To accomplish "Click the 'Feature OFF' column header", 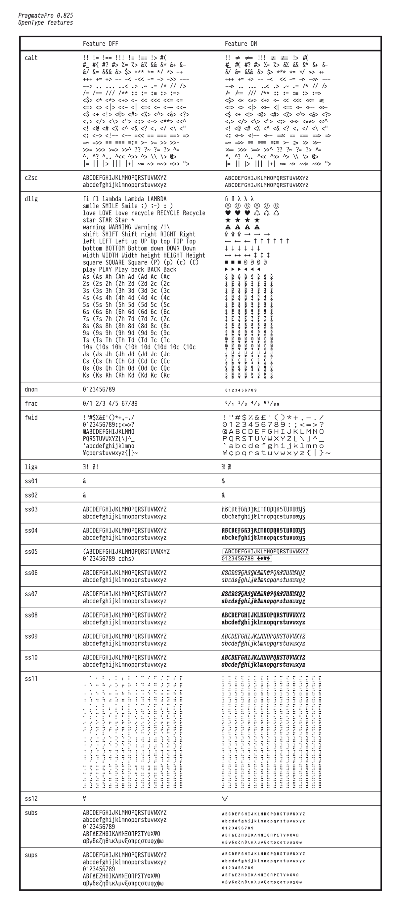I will pos(101,44).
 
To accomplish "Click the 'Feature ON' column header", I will pos(241,44).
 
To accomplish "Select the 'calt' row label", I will pos(31,58).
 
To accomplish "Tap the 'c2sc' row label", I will pos(31,178).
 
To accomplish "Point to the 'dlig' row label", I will pos(31,199).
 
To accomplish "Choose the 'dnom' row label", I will pos(31,389).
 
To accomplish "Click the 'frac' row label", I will pos(31,404).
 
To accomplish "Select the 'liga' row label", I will pos(31,467).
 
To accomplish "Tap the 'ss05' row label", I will pos(31,552).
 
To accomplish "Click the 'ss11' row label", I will pos(31,679).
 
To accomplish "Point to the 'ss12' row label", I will pos(31,799).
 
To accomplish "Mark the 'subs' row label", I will pos(31,813).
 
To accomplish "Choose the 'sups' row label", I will pos(31,855).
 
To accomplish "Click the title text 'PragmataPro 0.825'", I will pos(46,16).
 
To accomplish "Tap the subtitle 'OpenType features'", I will pos(46,22).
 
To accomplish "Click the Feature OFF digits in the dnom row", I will pos(99,389).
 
